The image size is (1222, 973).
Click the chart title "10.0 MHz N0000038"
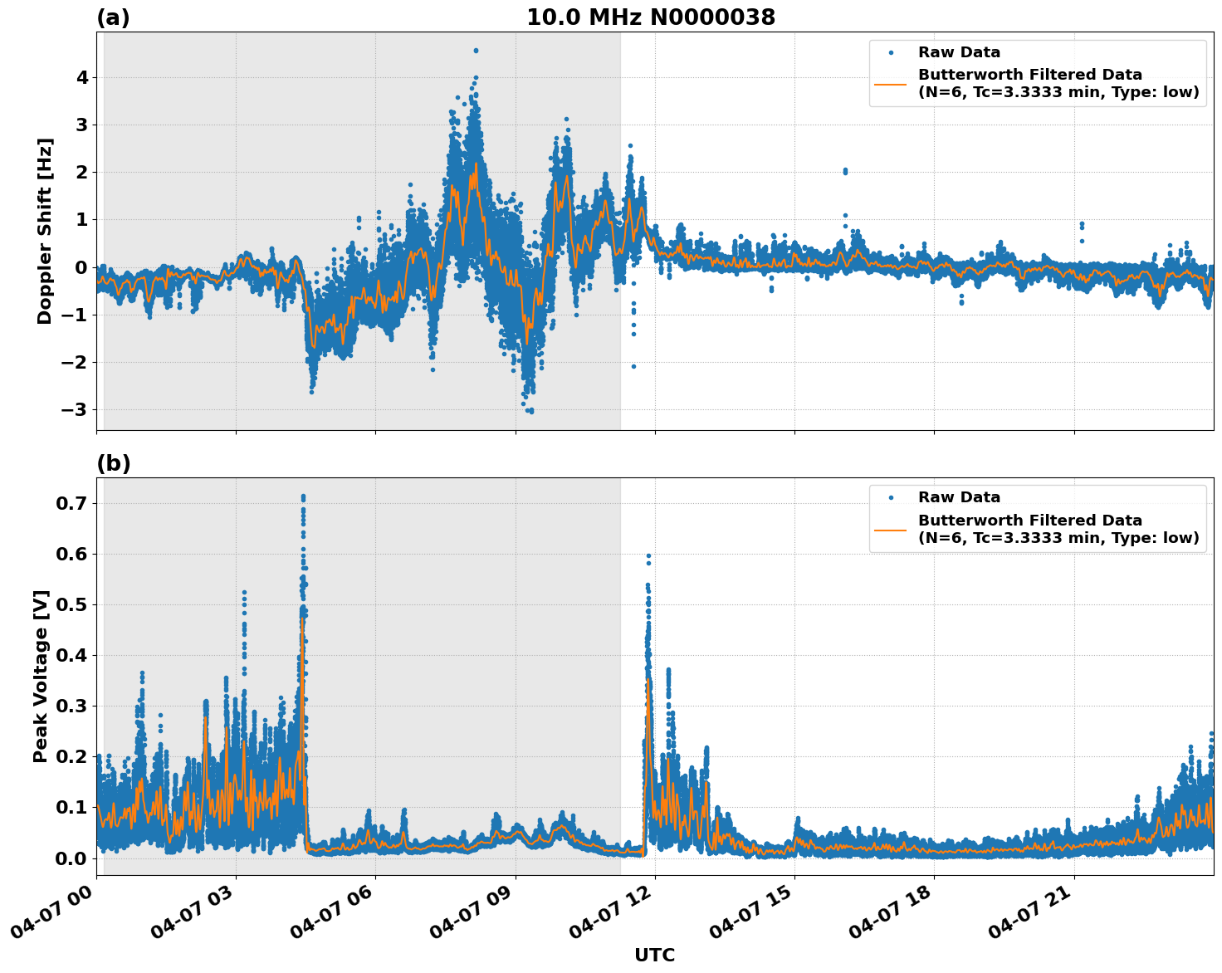[x=651, y=17]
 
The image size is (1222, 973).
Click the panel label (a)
[x=113, y=17]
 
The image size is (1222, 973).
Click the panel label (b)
[x=113, y=463]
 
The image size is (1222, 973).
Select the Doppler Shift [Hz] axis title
[x=45, y=231]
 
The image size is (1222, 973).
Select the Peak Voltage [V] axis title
[x=41, y=676]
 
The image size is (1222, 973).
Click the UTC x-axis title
[x=654, y=955]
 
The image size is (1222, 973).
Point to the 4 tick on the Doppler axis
[x=82, y=78]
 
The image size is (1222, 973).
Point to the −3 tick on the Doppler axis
[x=76, y=410]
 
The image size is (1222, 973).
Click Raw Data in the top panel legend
[x=959, y=53]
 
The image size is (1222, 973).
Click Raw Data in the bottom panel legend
[x=959, y=498]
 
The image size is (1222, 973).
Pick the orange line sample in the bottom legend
[x=891, y=529]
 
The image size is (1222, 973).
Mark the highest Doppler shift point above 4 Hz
[x=476, y=51]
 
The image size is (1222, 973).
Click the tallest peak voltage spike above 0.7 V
[x=303, y=497]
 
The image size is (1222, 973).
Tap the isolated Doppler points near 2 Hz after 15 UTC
[x=845, y=171]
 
